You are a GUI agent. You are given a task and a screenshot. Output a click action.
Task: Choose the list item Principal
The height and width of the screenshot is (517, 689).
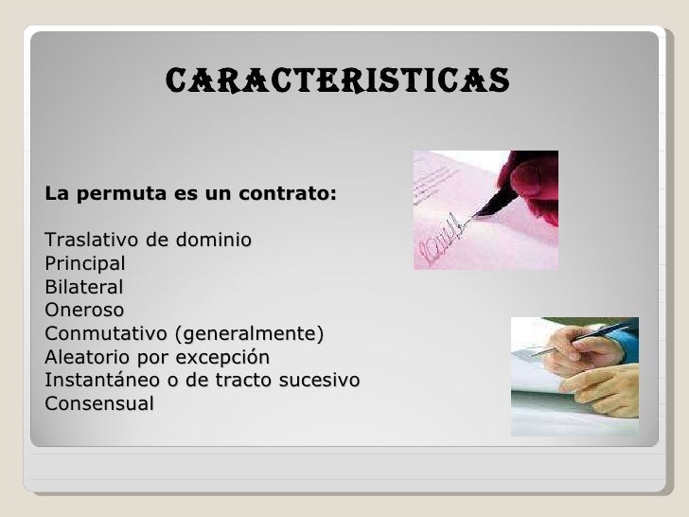83,263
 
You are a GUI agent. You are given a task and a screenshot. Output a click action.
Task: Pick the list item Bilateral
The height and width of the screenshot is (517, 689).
83,287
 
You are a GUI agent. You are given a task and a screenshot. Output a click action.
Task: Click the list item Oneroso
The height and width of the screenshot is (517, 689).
83,310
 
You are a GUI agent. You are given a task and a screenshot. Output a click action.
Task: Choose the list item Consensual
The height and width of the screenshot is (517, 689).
98,404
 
